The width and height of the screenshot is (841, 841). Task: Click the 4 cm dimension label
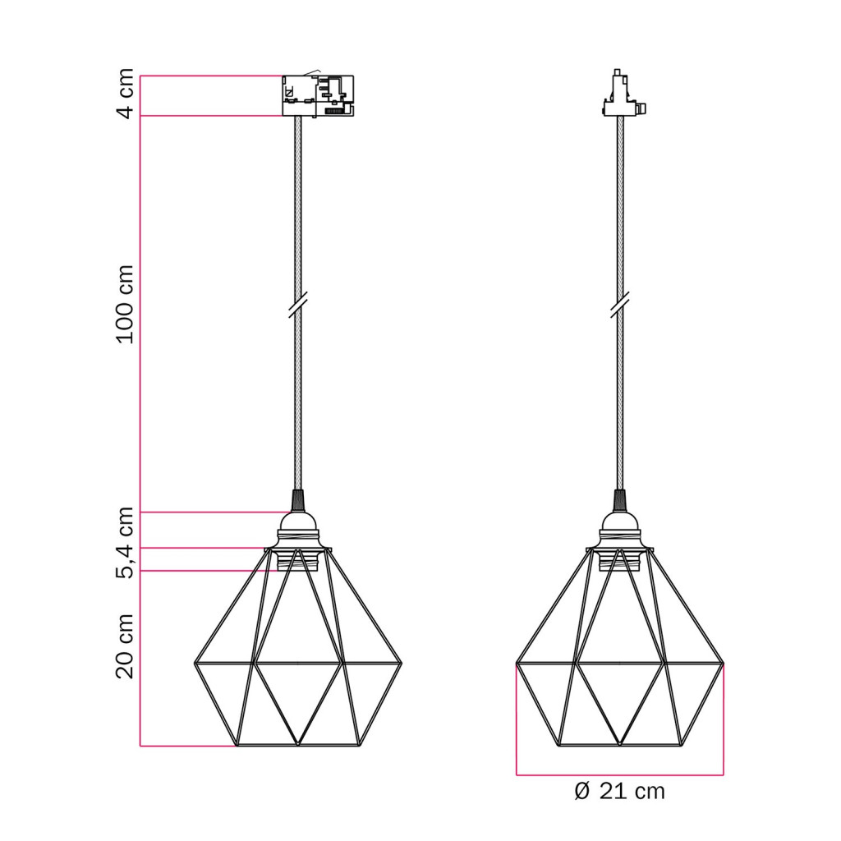[126, 94]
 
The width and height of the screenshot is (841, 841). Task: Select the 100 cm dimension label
[126, 304]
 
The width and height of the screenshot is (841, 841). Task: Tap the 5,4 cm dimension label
[126, 543]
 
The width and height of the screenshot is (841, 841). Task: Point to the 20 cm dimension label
[126, 647]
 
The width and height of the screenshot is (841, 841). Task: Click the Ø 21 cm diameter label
[619, 792]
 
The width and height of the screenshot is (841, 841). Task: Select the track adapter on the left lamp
[318, 95]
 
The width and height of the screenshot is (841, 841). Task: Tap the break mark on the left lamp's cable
[297, 306]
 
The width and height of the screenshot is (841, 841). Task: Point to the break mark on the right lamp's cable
[619, 306]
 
